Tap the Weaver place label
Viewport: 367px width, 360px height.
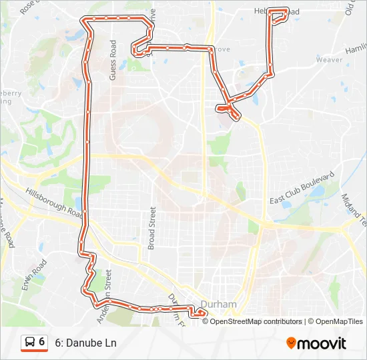(329, 60)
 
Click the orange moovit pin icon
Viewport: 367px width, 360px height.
(291, 343)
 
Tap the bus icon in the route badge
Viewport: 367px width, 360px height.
(30, 343)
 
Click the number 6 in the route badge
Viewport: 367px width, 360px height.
(42, 342)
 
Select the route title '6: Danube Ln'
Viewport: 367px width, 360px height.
(85, 343)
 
